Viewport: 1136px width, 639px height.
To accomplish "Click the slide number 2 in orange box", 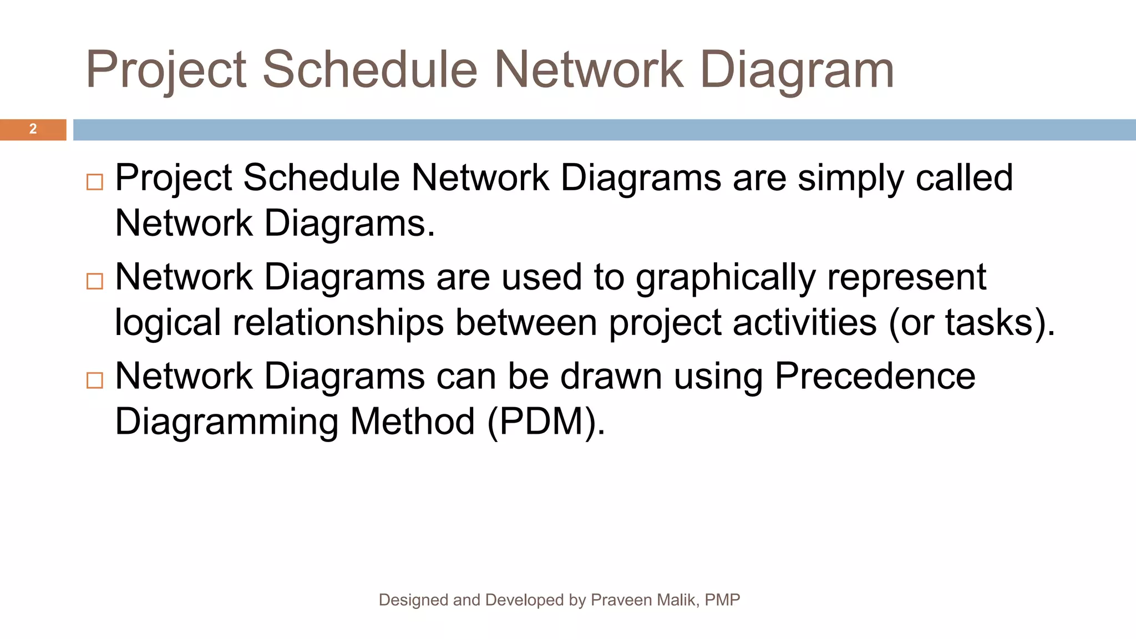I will click(x=33, y=129).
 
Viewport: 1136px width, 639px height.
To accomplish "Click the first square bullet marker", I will click(x=95, y=182).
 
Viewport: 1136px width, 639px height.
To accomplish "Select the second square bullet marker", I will click(x=95, y=281).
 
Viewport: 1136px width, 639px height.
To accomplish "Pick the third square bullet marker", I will click(x=95, y=380).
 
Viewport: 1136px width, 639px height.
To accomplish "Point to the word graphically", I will click(x=726, y=278).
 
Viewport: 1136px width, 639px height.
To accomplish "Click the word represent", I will click(x=906, y=278).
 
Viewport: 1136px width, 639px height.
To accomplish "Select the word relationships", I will click(x=338, y=323).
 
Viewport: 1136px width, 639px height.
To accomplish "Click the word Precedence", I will click(x=875, y=376).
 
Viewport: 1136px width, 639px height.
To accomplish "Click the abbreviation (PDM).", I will click(x=546, y=422).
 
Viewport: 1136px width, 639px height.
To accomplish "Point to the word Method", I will click(x=412, y=421).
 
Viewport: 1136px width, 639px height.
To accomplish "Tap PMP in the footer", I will click(x=722, y=600).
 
